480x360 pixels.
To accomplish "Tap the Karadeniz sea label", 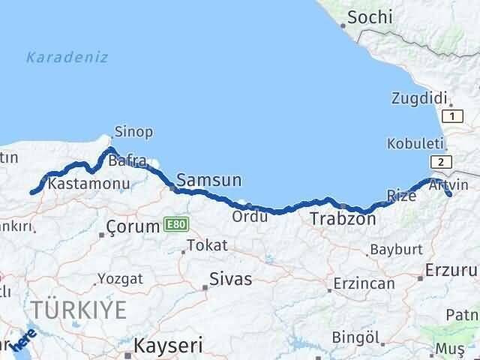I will pos(67,57).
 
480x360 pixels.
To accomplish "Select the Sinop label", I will pos(133,132).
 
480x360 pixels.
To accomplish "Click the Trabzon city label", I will pos(343,220).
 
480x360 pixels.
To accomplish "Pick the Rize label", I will pos(400,196).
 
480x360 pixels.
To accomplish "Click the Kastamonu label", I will pos(88,183).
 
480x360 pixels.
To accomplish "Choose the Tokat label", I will pos(207,245).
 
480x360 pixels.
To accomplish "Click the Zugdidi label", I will pos(419,97).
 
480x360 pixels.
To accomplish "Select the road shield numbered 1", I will pos(452,115).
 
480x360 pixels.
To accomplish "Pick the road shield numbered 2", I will pos(442,162).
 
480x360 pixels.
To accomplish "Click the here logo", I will pos(25,341).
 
